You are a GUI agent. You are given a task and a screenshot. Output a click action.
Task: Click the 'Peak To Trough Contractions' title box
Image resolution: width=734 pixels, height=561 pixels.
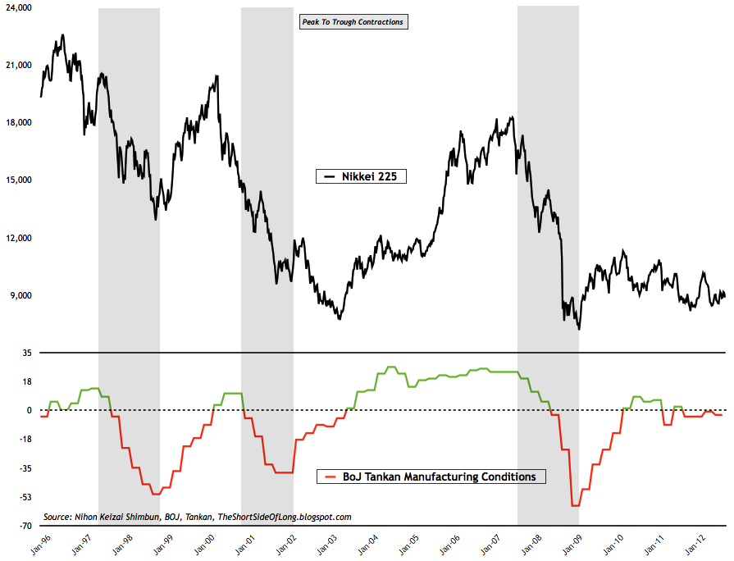coord(354,22)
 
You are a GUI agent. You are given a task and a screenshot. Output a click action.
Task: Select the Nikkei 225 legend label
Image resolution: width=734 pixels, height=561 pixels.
coord(362,176)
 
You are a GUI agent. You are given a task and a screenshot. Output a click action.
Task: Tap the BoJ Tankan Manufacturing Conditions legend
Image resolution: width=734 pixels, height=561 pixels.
coord(431,476)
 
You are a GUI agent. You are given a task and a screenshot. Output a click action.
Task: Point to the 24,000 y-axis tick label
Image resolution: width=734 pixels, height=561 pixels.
coord(18,7)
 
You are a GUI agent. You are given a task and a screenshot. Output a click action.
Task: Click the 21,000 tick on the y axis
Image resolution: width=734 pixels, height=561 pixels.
coord(18,65)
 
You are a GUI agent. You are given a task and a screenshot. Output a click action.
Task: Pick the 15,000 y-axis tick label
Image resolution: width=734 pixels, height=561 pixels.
coord(18,180)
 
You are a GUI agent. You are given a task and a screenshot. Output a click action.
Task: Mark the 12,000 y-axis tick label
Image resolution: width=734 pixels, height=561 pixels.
coord(18,238)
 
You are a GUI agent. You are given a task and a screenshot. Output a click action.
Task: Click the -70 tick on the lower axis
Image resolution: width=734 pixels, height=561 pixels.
coord(25,526)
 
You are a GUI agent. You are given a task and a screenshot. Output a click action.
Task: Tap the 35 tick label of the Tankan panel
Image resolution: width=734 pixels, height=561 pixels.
coord(26,353)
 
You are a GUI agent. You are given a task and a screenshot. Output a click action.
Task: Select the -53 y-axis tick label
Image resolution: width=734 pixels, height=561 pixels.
coord(25,497)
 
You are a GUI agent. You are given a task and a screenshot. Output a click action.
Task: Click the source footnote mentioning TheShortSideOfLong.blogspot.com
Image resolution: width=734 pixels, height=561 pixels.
coord(198,517)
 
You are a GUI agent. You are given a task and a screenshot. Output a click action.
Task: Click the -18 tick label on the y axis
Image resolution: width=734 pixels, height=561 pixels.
coord(25,439)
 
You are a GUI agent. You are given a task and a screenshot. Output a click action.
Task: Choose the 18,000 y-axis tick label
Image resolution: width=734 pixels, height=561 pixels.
coord(18,123)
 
